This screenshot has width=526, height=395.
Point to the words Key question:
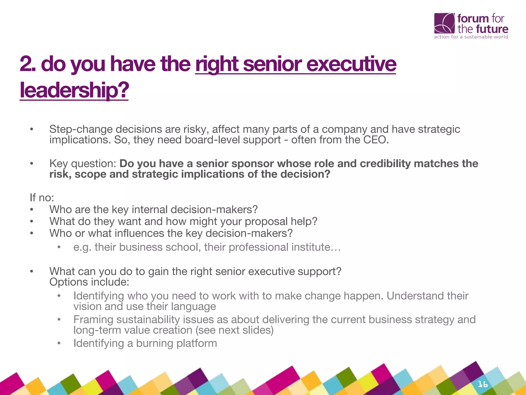point(83,164)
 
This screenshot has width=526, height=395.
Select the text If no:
point(42,198)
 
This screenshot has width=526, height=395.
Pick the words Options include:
point(89,282)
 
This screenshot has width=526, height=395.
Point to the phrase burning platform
point(176,343)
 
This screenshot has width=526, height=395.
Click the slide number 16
point(482,384)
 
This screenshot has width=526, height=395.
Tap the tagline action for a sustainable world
point(471,37)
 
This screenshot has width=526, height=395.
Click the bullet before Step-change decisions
point(32,129)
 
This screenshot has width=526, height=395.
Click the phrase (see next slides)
point(234,330)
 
